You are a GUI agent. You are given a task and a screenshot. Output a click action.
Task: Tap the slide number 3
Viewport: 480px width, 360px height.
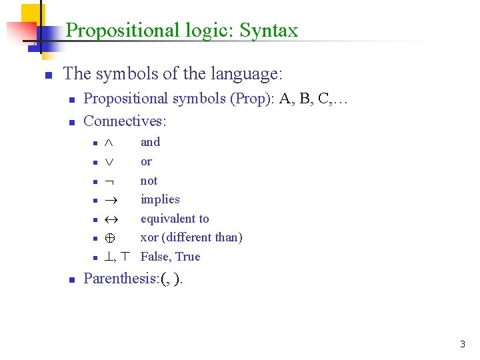click(x=463, y=345)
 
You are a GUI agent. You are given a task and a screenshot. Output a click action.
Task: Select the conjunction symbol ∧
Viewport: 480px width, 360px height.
click(x=109, y=143)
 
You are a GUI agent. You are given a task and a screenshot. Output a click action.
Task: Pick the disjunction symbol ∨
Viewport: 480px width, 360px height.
click(x=109, y=162)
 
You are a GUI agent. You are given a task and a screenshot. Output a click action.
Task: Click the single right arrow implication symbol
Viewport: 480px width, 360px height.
click(x=110, y=200)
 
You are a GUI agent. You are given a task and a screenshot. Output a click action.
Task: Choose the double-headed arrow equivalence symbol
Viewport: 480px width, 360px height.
click(x=110, y=219)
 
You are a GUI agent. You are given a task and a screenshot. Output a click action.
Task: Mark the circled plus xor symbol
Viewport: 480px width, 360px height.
click(x=109, y=238)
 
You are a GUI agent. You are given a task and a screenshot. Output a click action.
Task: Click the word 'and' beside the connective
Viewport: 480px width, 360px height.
click(x=150, y=142)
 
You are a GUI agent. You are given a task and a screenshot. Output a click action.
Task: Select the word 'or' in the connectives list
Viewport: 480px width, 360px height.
click(x=146, y=161)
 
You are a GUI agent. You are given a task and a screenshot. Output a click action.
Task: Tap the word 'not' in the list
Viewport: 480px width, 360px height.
click(x=149, y=181)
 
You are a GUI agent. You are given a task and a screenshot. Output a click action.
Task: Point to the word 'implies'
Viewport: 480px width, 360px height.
click(x=160, y=199)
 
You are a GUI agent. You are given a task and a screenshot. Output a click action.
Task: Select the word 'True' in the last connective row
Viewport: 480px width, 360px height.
click(x=188, y=257)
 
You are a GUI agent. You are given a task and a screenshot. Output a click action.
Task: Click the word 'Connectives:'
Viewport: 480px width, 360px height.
click(x=125, y=121)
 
